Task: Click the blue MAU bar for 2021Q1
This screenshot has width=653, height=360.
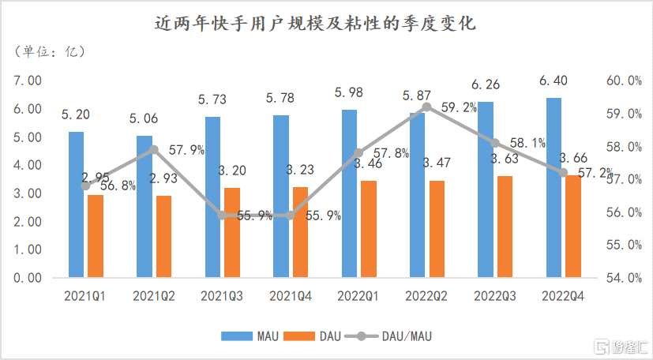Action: point(77,204)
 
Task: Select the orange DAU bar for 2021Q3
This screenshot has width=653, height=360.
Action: point(231,232)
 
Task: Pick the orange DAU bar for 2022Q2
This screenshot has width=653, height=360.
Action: point(436,229)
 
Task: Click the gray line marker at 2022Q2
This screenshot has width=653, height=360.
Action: point(426,107)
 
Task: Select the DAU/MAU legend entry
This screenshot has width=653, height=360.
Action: point(396,336)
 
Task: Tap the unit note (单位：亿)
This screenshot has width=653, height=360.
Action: point(49,52)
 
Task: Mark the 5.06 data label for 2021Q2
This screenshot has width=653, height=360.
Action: point(144,120)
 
